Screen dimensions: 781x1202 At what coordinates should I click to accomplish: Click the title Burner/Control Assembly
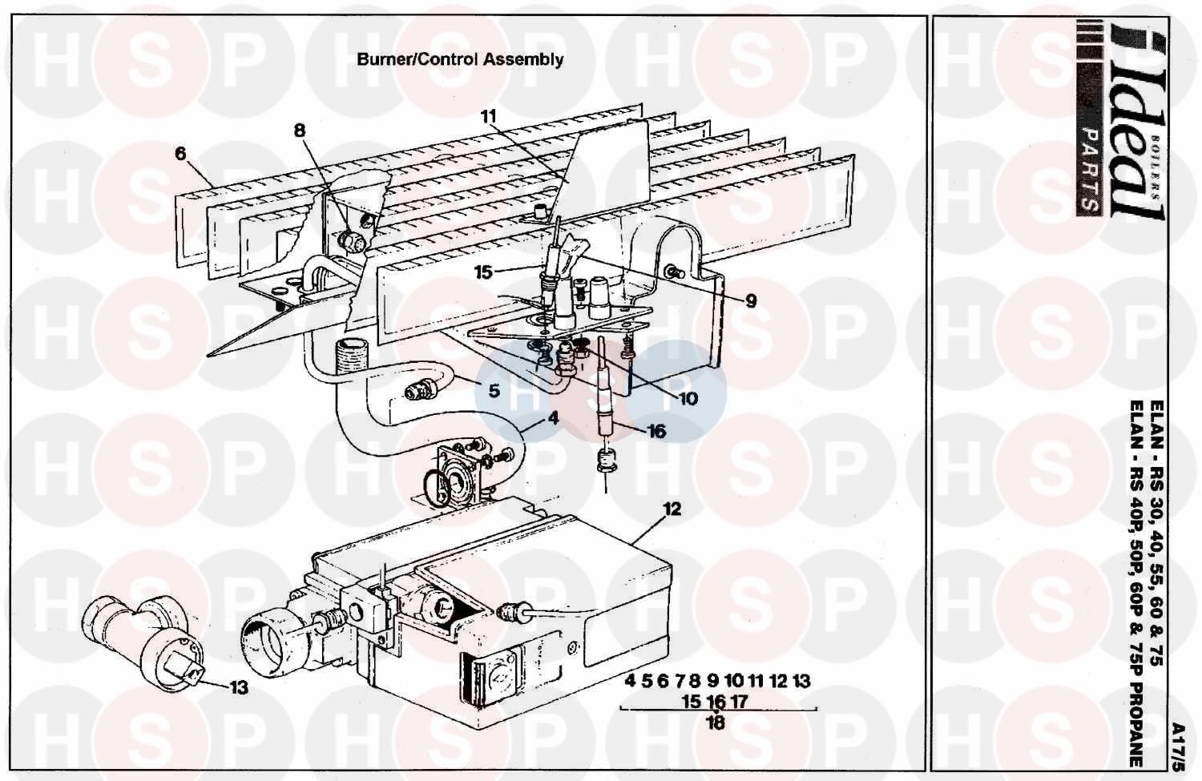point(460,59)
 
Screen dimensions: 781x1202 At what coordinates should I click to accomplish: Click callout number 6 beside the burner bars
point(181,153)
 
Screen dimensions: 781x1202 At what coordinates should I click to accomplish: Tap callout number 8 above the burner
point(300,131)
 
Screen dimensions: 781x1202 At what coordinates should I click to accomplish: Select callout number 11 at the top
point(489,116)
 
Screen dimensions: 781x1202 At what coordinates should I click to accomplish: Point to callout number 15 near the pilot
point(482,272)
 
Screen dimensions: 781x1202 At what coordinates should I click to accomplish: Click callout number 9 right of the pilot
point(750,301)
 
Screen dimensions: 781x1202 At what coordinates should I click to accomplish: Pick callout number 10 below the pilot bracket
point(688,398)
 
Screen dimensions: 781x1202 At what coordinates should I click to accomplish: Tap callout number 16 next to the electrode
point(656,432)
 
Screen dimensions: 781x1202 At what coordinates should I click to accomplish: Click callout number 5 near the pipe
point(494,390)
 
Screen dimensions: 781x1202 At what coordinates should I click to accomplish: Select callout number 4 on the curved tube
point(553,417)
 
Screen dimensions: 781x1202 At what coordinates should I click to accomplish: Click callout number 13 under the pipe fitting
point(238,687)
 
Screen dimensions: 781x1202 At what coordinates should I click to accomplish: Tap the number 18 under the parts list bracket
point(716,722)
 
